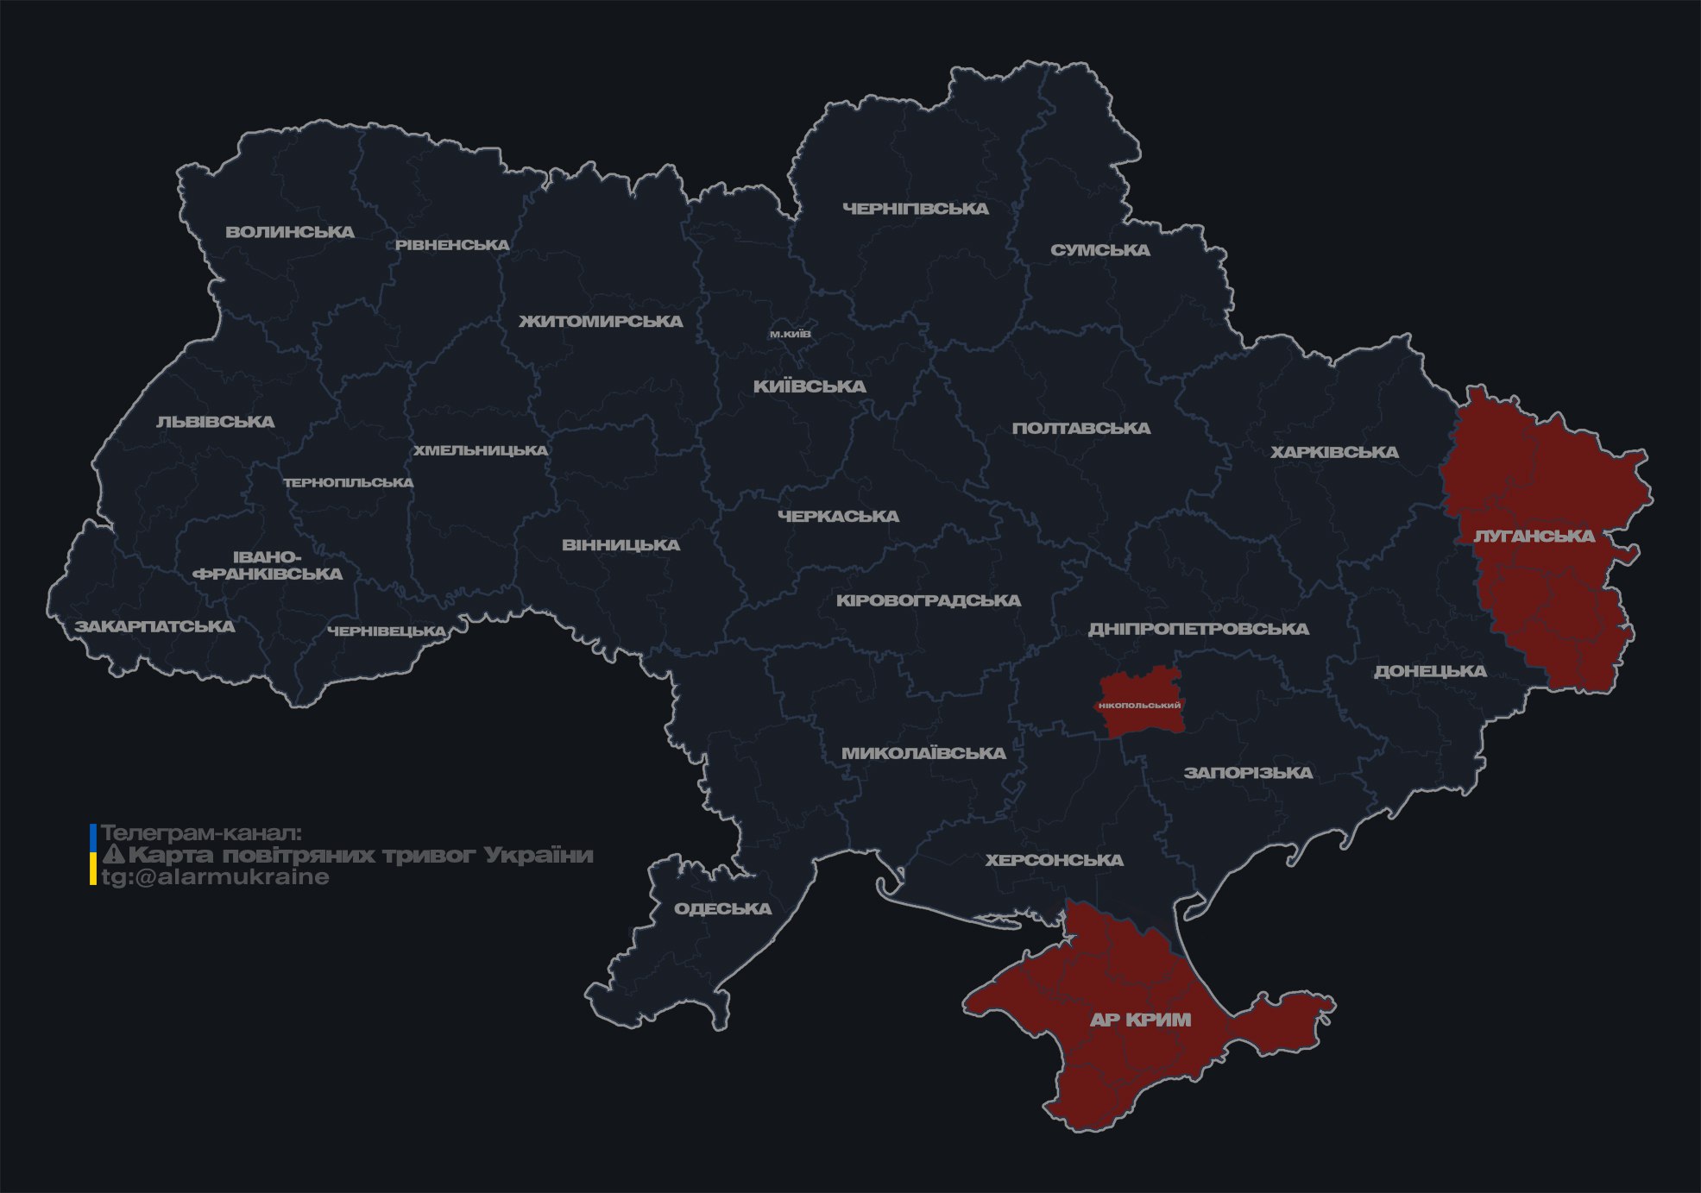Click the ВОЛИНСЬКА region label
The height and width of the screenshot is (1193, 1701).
pyautogui.click(x=290, y=232)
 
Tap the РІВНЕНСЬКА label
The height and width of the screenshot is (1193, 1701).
pyautogui.click(x=452, y=245)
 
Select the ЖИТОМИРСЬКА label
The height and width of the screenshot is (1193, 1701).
pyautogui.click(x=601, y=322)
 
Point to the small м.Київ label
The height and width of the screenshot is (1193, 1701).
pyautogui.click(x=790, y=334)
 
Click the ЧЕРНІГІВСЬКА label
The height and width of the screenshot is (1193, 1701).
pyautogui.click(x=915, y=209)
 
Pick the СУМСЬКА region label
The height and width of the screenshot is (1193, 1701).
pyautogui.click(x=1099, y=250)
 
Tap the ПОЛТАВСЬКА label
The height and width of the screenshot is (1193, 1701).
pyautogui.click(x=1080, y=428)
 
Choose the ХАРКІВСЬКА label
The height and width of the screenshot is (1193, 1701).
pyautogui.click(x=1334, y=452)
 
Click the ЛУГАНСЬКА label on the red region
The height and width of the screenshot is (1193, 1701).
pyautogui.click(x=1534, y=536)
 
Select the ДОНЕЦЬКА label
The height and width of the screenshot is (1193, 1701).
pyautogui.click(x=1430, y=671)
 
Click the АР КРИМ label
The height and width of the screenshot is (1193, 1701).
pyautogui.click(x=1140, y=1020)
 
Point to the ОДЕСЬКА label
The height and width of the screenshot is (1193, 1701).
pyautogui.click(x=722, y=908)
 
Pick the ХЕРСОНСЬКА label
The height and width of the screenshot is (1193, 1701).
pyautogui.click(x=1054, y=860)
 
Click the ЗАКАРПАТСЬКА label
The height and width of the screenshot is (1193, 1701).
pyautogui.click(x=154, y=626)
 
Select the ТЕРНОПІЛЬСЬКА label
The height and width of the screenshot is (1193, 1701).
pyautogui.click(x=349, y=482)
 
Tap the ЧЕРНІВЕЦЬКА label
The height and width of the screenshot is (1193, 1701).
pyautogui.click(x=387, y=631)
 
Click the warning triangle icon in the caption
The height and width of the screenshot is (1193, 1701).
pyautogui.click(x=114, y=855)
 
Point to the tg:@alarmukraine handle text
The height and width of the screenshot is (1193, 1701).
pyautogui.click(x=215, y=877)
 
